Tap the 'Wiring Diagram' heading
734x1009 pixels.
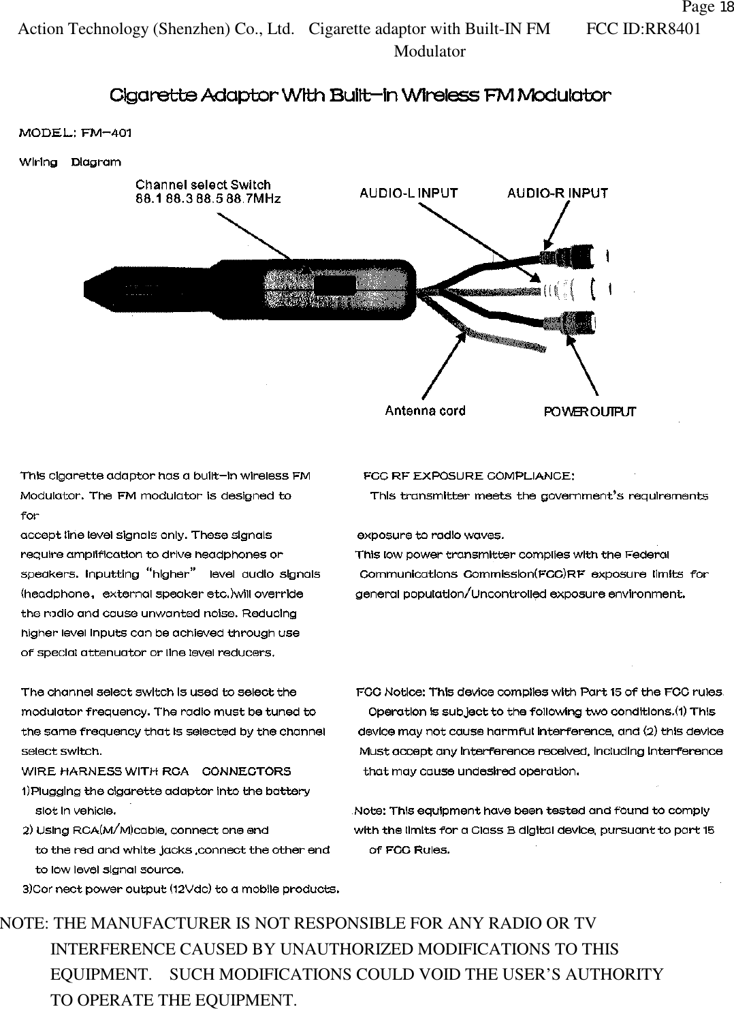(70, 162)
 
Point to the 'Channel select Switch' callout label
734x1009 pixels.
(203, 185)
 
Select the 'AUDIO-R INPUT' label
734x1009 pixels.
(558, 193)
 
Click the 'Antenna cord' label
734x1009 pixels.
(425, 410)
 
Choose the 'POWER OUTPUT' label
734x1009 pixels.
(589, 412)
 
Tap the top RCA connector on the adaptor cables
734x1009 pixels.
(579, 257)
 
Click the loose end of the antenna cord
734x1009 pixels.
(541, 348)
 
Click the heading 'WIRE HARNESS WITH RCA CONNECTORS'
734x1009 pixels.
(156, 771)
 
